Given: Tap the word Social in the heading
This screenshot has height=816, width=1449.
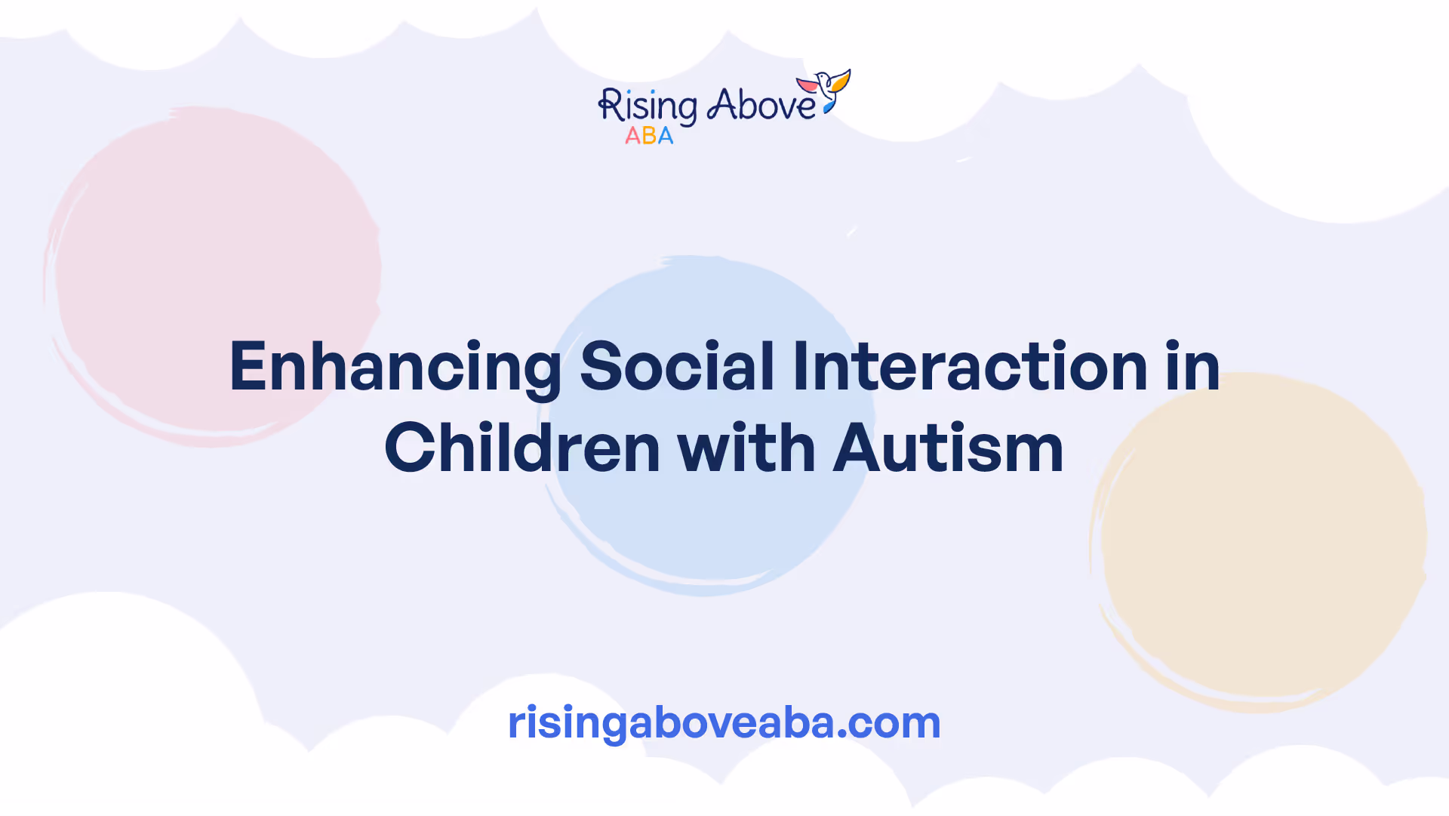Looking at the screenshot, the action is click(677, 366).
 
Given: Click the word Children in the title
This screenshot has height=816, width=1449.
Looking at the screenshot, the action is click(522, 448).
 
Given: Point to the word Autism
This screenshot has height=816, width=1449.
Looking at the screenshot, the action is click(948, 448).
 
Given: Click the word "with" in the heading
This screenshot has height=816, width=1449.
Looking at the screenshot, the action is click(746, 448).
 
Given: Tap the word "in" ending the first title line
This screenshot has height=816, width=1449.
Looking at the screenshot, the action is click(1192, 366).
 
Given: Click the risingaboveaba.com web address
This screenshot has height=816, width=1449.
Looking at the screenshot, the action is click(724, 723).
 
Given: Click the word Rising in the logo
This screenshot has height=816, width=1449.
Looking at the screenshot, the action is click(648, 106).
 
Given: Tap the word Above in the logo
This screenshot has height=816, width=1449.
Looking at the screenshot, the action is click(761, 105).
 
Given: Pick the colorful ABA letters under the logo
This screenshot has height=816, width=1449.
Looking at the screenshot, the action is click(649, 136).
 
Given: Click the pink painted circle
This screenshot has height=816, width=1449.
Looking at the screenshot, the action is click(213, 276).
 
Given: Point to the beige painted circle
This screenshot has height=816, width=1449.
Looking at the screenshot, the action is click(1258, 542).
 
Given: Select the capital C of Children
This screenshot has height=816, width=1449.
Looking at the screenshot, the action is click(410, 448).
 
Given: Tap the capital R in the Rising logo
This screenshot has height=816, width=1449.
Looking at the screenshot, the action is click(611, 105).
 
